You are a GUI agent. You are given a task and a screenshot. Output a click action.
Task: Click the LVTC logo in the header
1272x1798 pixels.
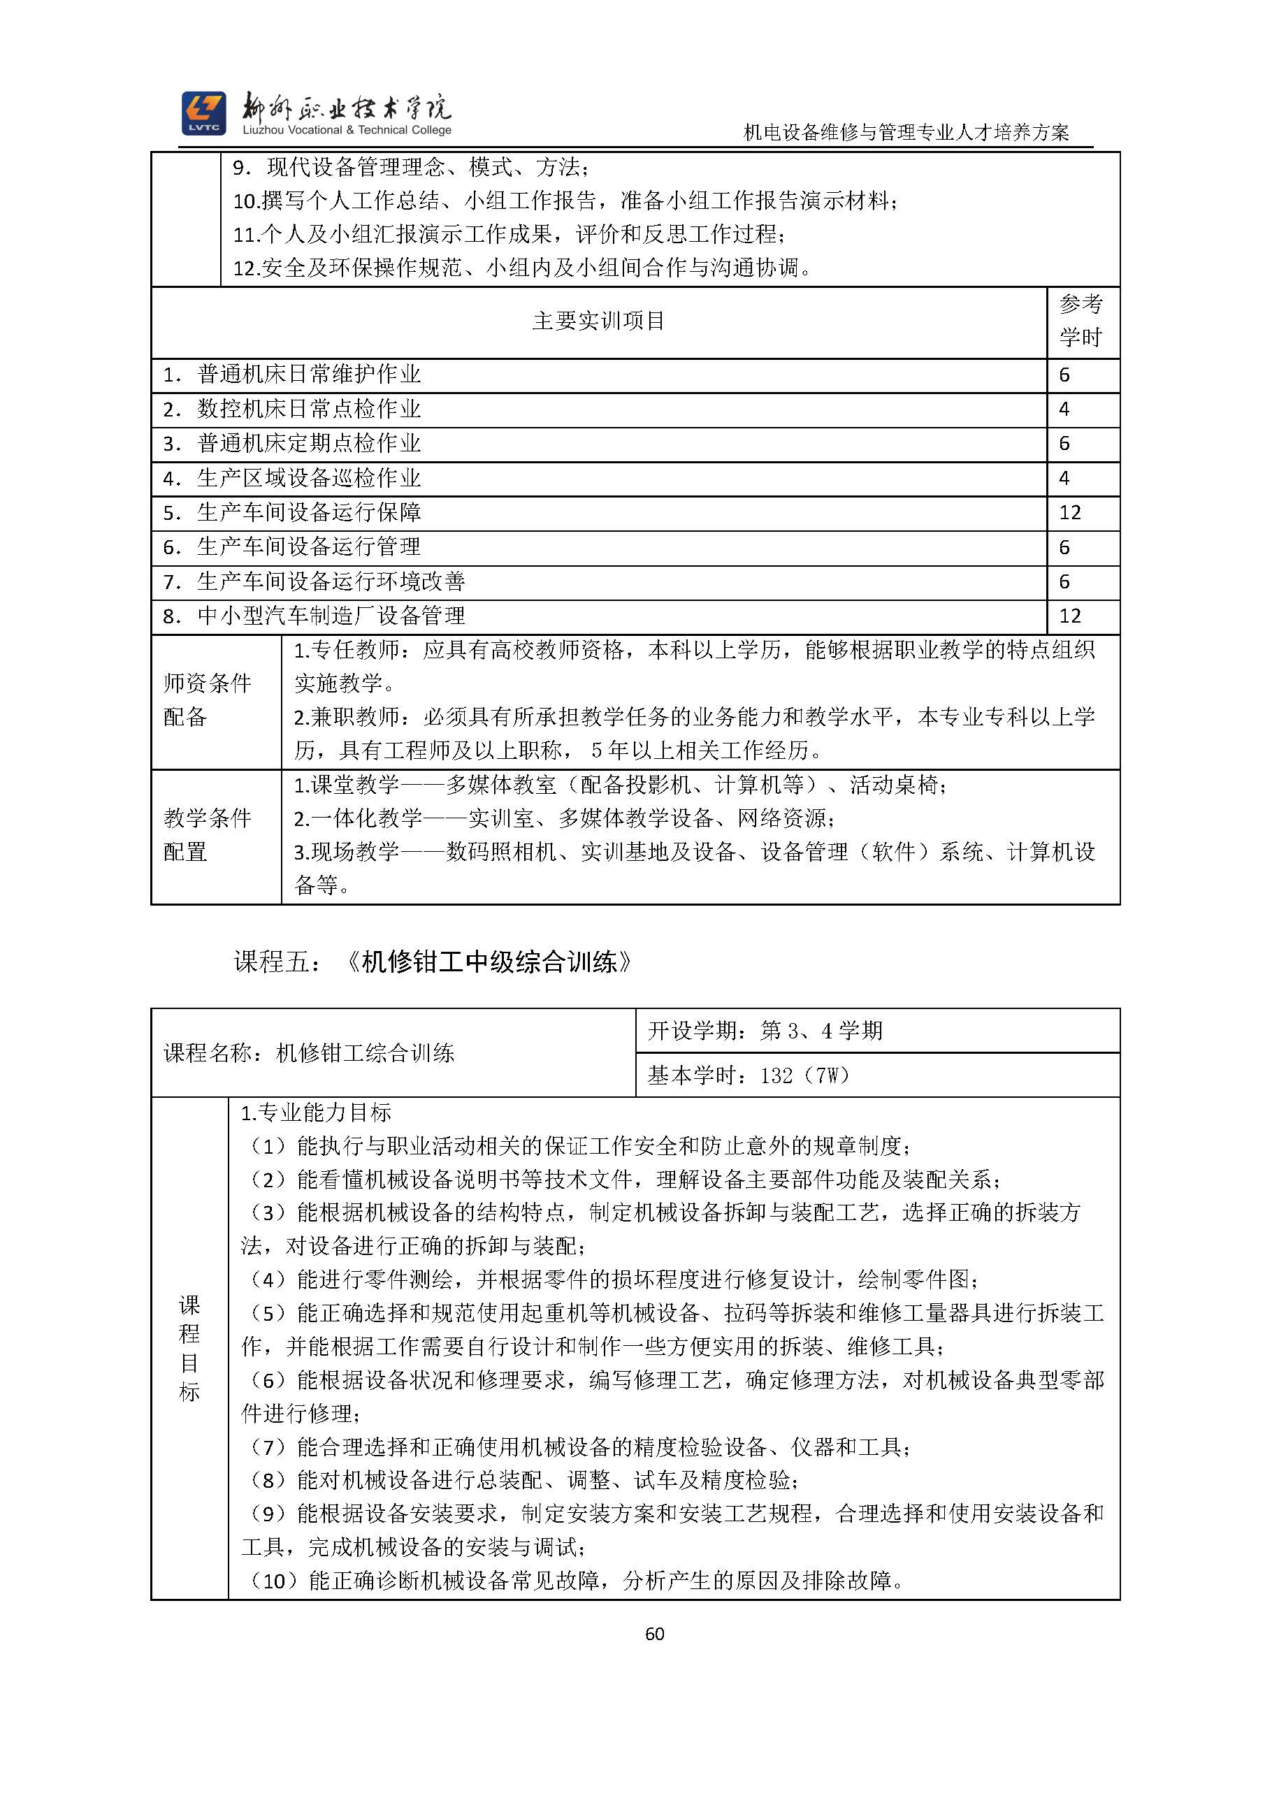[203, 113]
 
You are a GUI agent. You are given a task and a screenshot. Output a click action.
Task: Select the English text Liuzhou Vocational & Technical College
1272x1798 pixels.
[347, 131]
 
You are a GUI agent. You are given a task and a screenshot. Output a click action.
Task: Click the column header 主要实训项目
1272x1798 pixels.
[598, 321]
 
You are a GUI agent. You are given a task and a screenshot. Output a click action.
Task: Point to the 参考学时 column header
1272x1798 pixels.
[1081, 321]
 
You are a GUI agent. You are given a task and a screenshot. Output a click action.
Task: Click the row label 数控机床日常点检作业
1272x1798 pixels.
[310, 409]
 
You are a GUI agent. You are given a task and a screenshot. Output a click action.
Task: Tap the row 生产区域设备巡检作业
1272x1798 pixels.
[310, 478]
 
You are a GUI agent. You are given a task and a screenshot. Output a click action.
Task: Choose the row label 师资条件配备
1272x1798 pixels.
[208, 700]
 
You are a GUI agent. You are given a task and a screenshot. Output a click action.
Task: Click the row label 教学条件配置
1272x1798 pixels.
[208, 835]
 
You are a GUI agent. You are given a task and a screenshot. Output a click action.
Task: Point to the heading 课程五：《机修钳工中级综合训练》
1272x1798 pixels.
[433, 962]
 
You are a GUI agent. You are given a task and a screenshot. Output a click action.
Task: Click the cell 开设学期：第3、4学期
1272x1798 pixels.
[765, 1031]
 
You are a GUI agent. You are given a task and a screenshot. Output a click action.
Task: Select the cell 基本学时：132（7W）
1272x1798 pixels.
[748, 1075]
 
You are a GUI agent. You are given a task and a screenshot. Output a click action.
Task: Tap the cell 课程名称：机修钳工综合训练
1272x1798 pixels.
[310, 1053]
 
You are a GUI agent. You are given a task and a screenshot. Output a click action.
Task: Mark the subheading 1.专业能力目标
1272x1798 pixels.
[316, 1112]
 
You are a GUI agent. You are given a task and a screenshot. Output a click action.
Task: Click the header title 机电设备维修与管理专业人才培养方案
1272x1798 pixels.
[906, 132]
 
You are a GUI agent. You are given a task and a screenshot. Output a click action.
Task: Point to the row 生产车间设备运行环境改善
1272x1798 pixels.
[331, 582]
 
